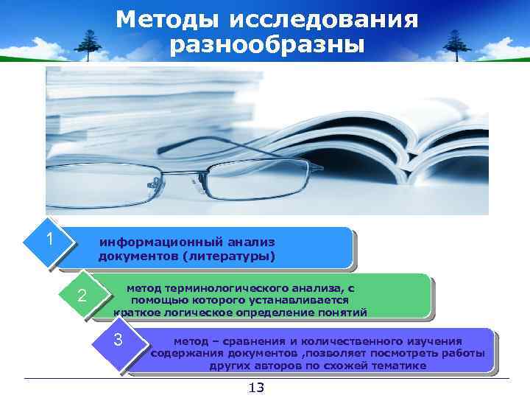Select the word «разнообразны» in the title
click(266, 45)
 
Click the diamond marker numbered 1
click(49, 240)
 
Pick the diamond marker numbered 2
click(82, 296)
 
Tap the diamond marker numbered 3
click(118, 343)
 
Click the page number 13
click(257, 388)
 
